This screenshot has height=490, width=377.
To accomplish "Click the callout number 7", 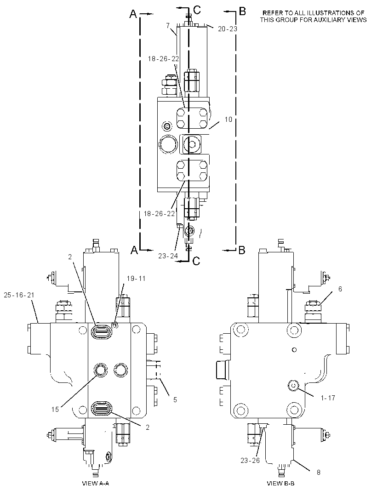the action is click(x=168, y=25).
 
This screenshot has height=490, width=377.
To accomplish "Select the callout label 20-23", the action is click(x=228, y=29).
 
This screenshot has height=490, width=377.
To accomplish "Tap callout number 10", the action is click(x=228, y=120).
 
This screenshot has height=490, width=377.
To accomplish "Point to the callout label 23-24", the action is click(x=168, y=256).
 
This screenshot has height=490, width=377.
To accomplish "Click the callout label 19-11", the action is click(x=136, y=279).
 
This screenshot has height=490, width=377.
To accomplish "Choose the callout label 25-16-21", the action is click(x=19, y=295).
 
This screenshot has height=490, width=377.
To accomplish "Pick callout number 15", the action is click(x=55, y=410).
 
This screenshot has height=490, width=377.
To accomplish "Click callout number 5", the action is click(x=175, y=400).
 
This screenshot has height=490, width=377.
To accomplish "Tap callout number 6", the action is click(x=340, y=289).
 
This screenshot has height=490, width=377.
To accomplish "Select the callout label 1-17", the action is click(x=328, y=398).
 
